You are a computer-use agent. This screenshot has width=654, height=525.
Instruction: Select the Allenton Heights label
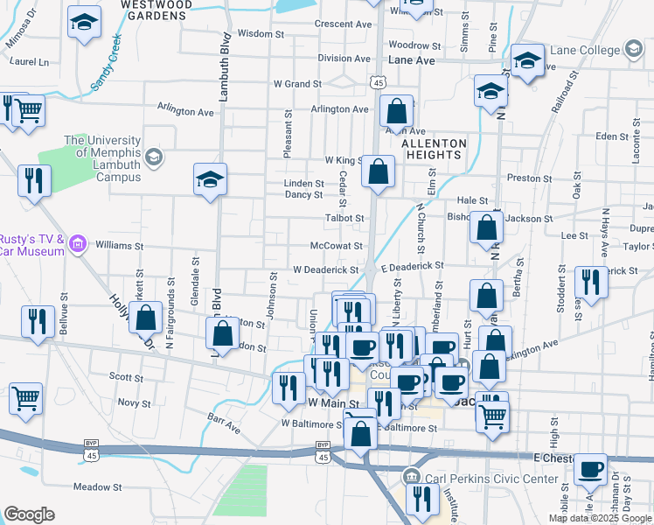(x=431, y=149)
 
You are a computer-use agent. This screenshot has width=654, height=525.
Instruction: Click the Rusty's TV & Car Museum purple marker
(x=77, y=243)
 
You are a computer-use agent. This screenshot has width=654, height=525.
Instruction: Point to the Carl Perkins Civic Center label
(x=491, y=479)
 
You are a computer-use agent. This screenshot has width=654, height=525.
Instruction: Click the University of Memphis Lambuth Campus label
(x=101, y=158)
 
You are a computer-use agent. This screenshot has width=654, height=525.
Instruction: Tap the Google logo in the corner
(x=29, y=514)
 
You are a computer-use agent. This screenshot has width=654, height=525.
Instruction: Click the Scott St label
(x=126, y=377)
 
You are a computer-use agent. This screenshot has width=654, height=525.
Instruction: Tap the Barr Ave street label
(x=224, y=423)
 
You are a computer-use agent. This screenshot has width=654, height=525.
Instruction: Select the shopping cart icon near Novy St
(x=25, y=398)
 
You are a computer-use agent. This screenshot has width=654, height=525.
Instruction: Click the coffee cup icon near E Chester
(x=591, y=469)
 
